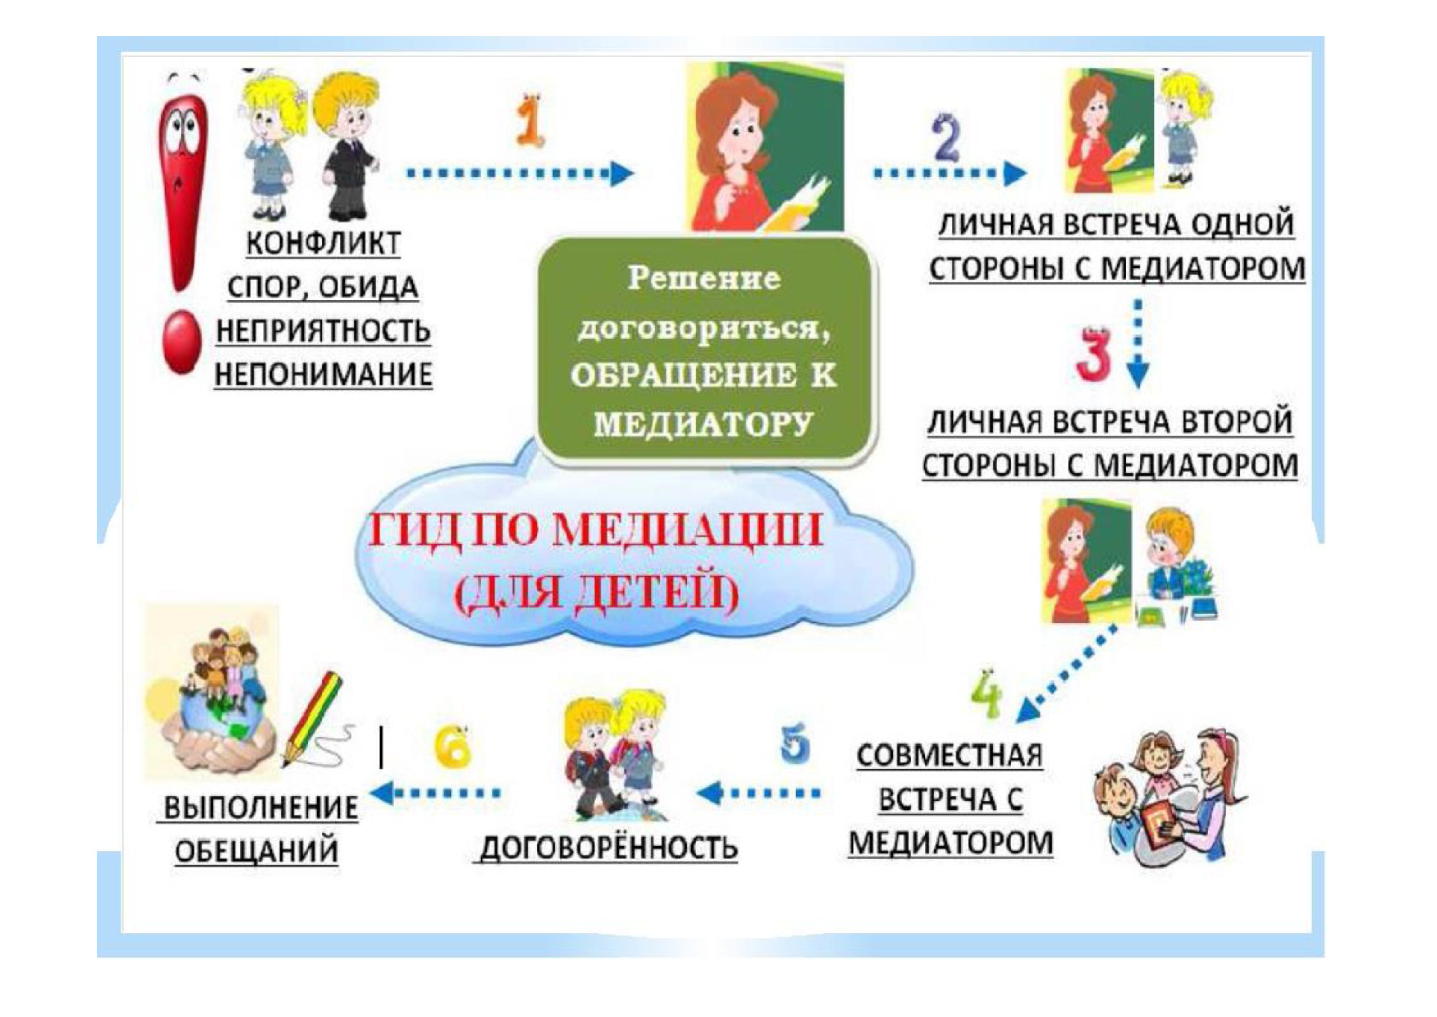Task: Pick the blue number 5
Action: [x=796, y=744]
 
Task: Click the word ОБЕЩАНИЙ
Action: [x=256, y=852]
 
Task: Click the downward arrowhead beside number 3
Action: [x=1138, y=375]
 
